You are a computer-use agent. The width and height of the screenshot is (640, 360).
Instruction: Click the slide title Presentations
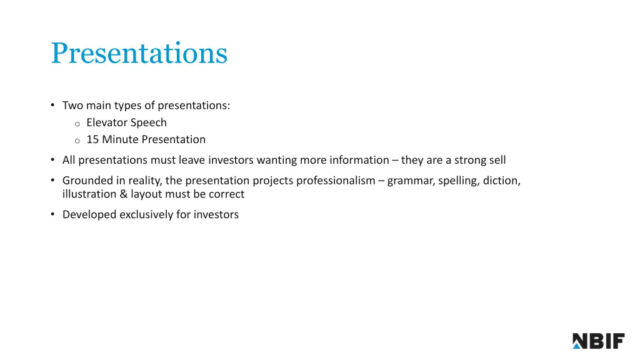(139, 53)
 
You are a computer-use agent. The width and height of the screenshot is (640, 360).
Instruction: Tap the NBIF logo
(598, 341)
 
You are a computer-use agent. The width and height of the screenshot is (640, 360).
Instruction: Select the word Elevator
(107, 122)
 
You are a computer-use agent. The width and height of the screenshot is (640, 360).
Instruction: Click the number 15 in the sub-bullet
(92, 139)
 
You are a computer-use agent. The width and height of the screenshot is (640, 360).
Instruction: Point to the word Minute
(120, 139)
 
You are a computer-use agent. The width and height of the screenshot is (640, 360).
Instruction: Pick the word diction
(501, 181)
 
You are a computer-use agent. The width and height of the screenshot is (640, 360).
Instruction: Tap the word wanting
(276, 160)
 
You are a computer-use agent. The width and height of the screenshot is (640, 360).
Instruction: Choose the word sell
(496, 160)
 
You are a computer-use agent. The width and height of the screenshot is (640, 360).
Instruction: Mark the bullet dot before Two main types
(53, 106)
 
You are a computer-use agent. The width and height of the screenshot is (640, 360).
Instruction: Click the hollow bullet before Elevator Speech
(77, 124)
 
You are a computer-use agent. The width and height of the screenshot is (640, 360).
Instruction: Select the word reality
(144, 181)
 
